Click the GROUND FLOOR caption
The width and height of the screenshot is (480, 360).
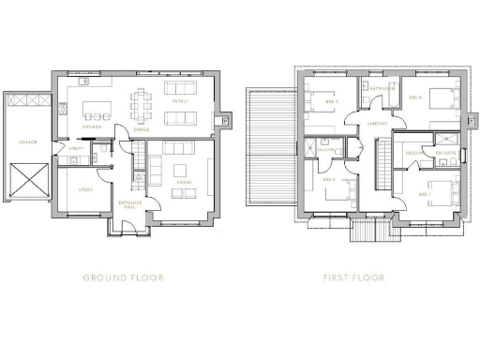[x=124, y=277]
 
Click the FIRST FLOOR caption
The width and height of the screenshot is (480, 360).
[x=352, y=277]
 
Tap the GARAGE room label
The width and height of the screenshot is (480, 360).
[x=28, y=142]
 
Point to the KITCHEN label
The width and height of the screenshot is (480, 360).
[x=92, y=126]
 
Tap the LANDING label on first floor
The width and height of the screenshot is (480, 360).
[x=379, y=123]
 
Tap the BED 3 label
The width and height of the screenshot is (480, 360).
[x=331, y=99]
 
